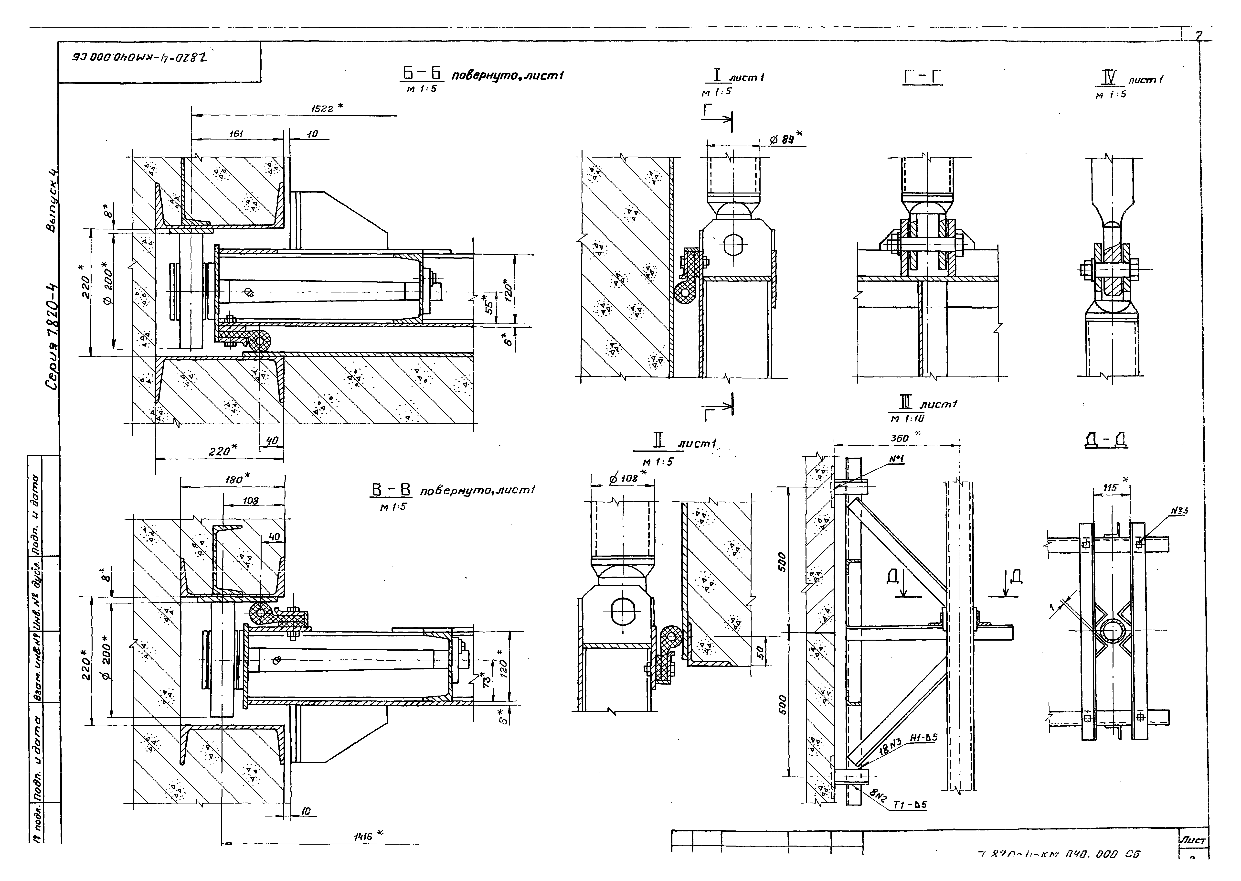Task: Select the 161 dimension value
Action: (236, 133)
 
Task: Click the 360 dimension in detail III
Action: (900, 438)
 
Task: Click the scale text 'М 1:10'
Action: (907, 418)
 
